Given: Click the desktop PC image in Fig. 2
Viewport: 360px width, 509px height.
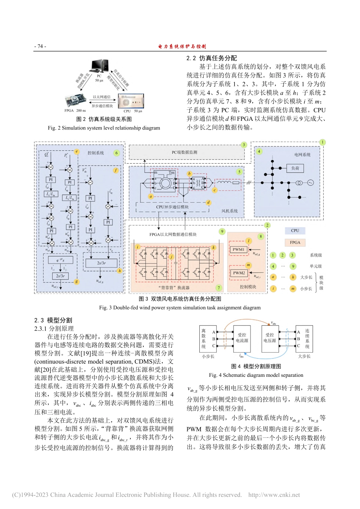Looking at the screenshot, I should click(x=99, y=66).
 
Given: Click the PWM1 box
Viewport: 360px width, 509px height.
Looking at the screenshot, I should click(x=238, y=250).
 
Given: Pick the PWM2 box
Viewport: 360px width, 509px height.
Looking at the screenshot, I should click(x=239, y=273).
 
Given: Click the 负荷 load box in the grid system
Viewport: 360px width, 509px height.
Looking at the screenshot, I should click(x=295, y=168).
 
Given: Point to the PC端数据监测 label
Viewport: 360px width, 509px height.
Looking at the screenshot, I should click(x=185, y=152).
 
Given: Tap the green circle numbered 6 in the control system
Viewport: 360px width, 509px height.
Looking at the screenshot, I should click(x=117, y=153).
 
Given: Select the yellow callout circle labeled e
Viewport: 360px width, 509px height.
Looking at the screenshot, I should click(x=77, y=151).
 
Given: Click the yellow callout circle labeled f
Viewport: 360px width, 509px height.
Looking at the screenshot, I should click(x=116, y=170).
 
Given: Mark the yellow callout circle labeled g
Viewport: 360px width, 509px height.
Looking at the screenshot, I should click(x=77, y=281).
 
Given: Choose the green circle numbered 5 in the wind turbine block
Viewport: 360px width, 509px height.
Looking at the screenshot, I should click(x=239, y=172).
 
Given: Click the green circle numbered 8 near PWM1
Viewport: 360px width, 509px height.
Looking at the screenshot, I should click(x=261, y=236).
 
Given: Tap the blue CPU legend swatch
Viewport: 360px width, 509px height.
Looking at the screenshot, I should click(x=295, y=230).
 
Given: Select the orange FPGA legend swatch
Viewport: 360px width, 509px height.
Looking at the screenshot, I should click(x=295, y=242).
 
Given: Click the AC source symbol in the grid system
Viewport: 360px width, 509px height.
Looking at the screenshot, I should click(x=310, y=183).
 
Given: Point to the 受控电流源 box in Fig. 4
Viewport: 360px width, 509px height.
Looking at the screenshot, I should click(x=242, y=337).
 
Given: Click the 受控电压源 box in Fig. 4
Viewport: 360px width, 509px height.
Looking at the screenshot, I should click(x=269, y=337).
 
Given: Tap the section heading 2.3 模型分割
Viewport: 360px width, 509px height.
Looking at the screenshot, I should click(x=53, y=320).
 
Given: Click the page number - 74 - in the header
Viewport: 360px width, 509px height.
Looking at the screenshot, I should click(x=40, y=46).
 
